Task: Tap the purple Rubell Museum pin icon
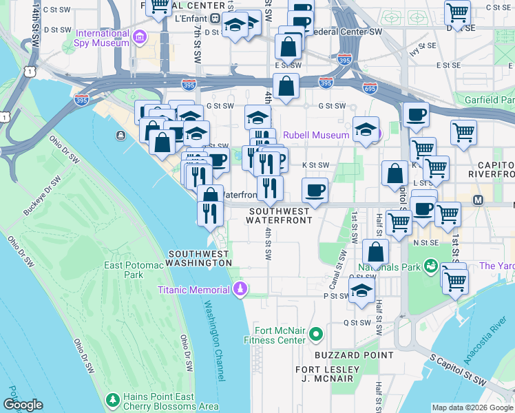pyautogui.click(x=377, y=135)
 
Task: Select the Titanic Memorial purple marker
pyautogui.click(x=240, y=289)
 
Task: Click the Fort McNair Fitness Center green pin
pyautogui.click(x=316, y=335)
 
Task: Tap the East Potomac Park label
pyautogui.click(x=123, y=269)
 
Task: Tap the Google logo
pyautogui.click(x=23, y=405)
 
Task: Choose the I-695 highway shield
pyautogui.click(x=370, y=87)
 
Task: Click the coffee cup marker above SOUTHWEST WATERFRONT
pyautogui.click(x=315, y=189)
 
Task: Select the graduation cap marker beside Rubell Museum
pyautogui.click(x=366, y=128)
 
